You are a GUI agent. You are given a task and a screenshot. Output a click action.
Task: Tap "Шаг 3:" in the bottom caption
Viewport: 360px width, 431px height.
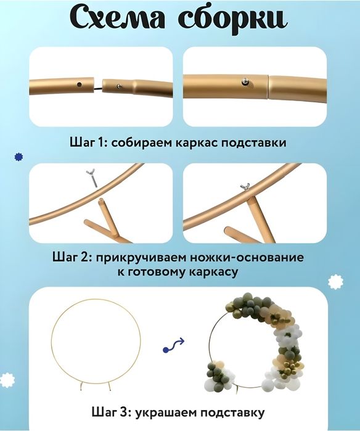pyautogui.click(x=110, y=411)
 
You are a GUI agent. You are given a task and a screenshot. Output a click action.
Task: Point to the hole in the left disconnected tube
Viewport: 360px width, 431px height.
pyautogui.click(x=78, y=83)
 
